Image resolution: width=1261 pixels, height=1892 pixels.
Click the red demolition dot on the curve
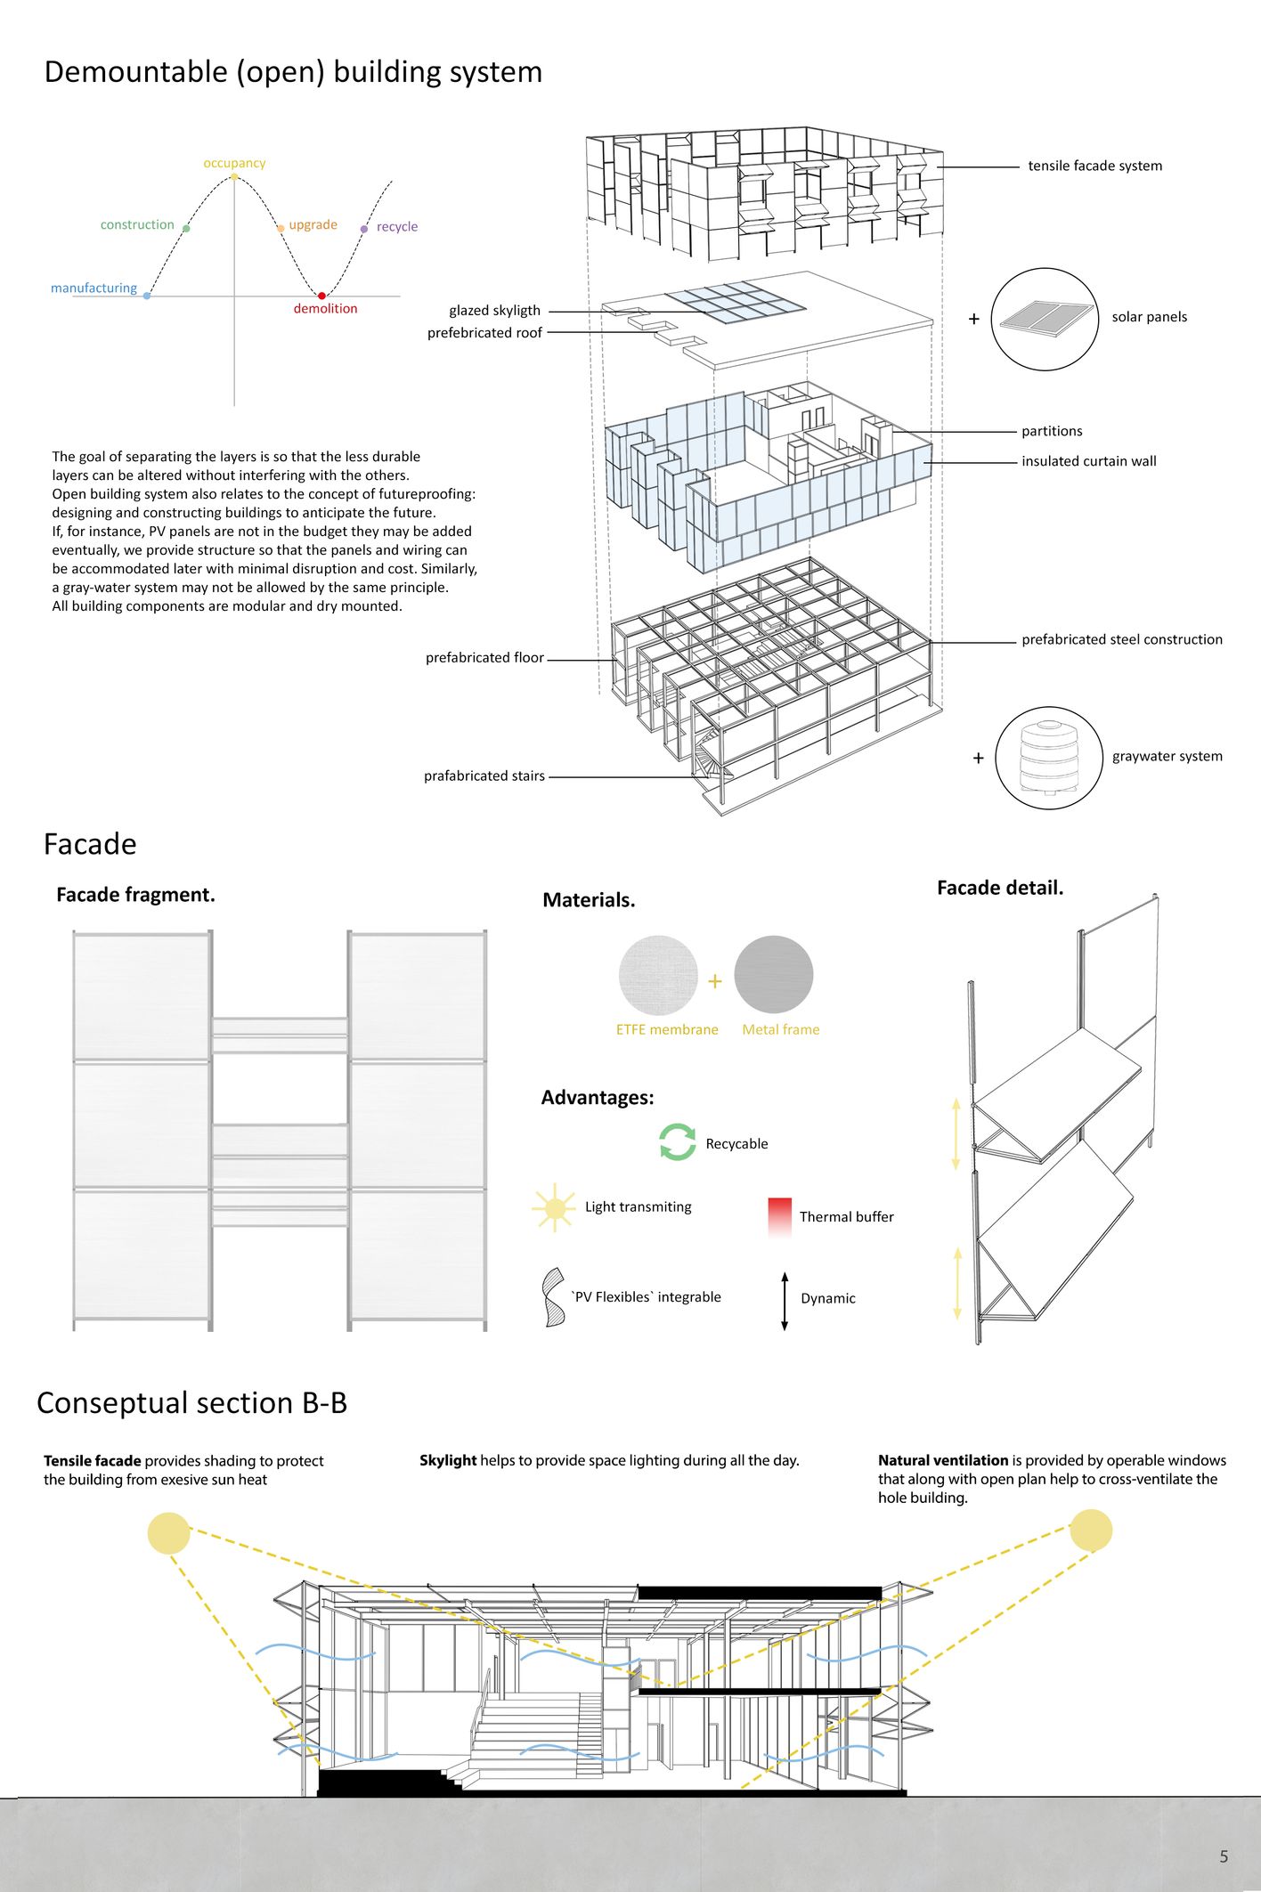(x=321, y=296)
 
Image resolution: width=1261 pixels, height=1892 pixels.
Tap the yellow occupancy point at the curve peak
(x=234, y=176)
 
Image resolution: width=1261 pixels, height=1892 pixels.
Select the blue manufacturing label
(x=94, y=288)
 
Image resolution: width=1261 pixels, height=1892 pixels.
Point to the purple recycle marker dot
(x=363, y=229)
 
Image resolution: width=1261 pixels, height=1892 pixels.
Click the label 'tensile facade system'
(x=1094, y=166)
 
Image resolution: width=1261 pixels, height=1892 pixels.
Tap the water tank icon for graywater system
(x=1048, y=758)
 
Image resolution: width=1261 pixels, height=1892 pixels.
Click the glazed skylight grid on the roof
(x=736, y=302)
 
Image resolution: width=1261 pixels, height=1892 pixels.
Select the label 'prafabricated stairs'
(x=484, y=775)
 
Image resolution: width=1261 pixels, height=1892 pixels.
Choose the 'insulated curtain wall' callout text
(x=1088, y=461)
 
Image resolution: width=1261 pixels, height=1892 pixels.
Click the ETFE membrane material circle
(x=658, y=975)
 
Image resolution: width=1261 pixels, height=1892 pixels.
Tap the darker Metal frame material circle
(x=773, y=975)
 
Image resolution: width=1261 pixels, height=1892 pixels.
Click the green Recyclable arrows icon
(x=677, y=1141)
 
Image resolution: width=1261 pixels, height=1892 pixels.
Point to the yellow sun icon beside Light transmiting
(x=554, y=1207)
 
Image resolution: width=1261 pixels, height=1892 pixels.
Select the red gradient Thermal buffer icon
(x=779, y=1217)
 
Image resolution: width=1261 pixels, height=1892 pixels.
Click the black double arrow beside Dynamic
(x=785, y=1301)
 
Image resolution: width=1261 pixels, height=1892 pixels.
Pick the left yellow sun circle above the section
(x=168, y=1532)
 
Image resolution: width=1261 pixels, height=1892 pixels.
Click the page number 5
(x=1224, y=1856)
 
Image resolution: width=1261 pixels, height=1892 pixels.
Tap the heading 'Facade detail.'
(x=999, y=888)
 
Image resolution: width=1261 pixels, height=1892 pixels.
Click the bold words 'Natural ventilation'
(x=942, y=1460)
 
